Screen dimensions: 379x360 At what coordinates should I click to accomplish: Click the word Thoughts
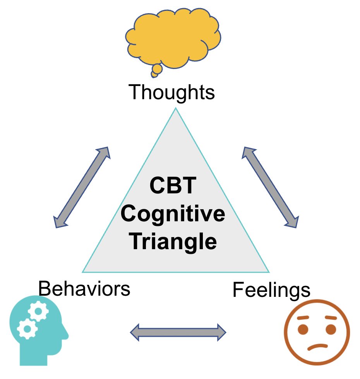pyautogui.click(x=171, y=92)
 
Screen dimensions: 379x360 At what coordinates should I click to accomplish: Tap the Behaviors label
pyautogui.click(x=84, y=289)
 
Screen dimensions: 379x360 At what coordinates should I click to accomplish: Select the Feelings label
pyautogui.click(x=271, y=290)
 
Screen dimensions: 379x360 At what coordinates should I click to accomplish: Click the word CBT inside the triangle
pyautogui.click(x=173, y=186)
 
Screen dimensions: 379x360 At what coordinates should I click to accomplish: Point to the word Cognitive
pyautogui.click(x=173, y=214)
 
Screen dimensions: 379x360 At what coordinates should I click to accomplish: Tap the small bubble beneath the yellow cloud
pyautogui.click(x=157, y=70)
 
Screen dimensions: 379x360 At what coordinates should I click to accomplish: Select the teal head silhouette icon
pyautogui.click(x=37, y=333)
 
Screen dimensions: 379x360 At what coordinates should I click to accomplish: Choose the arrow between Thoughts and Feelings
pyautogui.click(x=270, y=187)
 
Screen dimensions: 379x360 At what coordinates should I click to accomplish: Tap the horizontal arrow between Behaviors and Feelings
pyautogui.click(x=178, y=332)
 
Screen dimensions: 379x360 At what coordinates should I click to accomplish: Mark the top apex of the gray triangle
pyautogui.click(x=175, y=109)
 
